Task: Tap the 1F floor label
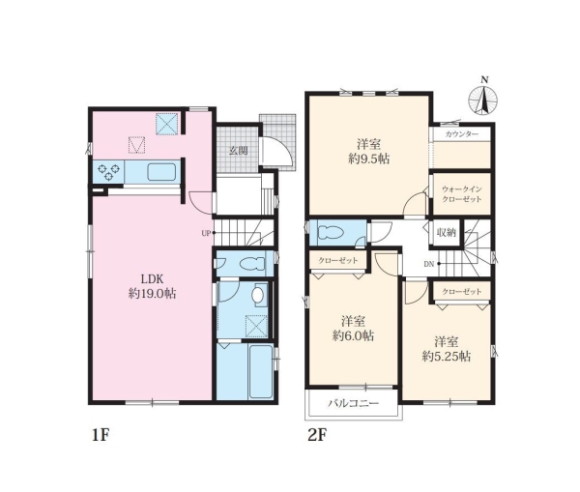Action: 101,435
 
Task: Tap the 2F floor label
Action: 317,435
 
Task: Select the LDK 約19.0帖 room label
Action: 152,286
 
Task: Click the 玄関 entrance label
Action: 238,151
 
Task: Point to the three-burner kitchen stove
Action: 108,172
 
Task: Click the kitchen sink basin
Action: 161,172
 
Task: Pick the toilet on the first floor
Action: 252,264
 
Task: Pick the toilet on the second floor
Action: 331,233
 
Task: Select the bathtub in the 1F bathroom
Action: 261,372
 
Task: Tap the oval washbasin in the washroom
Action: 257,295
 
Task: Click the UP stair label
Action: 206,233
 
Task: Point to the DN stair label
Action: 428,264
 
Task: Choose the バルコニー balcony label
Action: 353,403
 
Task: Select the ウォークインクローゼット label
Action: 462,194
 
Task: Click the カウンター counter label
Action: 462,134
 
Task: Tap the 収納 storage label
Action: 446,233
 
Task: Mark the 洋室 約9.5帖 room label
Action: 369,152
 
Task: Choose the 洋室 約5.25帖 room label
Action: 447,349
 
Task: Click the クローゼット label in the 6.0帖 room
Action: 338,260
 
